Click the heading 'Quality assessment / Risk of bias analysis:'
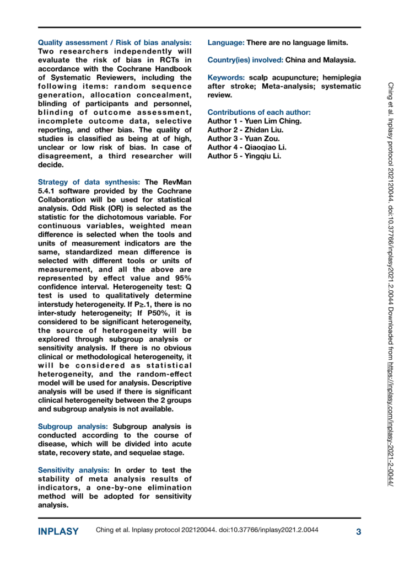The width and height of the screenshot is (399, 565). (115, 42)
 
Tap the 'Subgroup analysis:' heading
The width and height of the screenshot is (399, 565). (73, 411)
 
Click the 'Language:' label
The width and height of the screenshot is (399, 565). (225, 42)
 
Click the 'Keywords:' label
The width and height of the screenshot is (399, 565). (226, 78)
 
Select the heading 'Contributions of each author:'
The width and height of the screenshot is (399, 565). (259, 113)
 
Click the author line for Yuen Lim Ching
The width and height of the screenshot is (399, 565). (254, 121)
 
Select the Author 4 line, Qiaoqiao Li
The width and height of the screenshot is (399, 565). (247, 147)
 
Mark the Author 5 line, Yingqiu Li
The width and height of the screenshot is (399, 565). (244, 156)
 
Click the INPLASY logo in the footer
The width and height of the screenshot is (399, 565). (58, 532)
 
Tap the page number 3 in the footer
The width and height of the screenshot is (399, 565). (358, 532)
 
